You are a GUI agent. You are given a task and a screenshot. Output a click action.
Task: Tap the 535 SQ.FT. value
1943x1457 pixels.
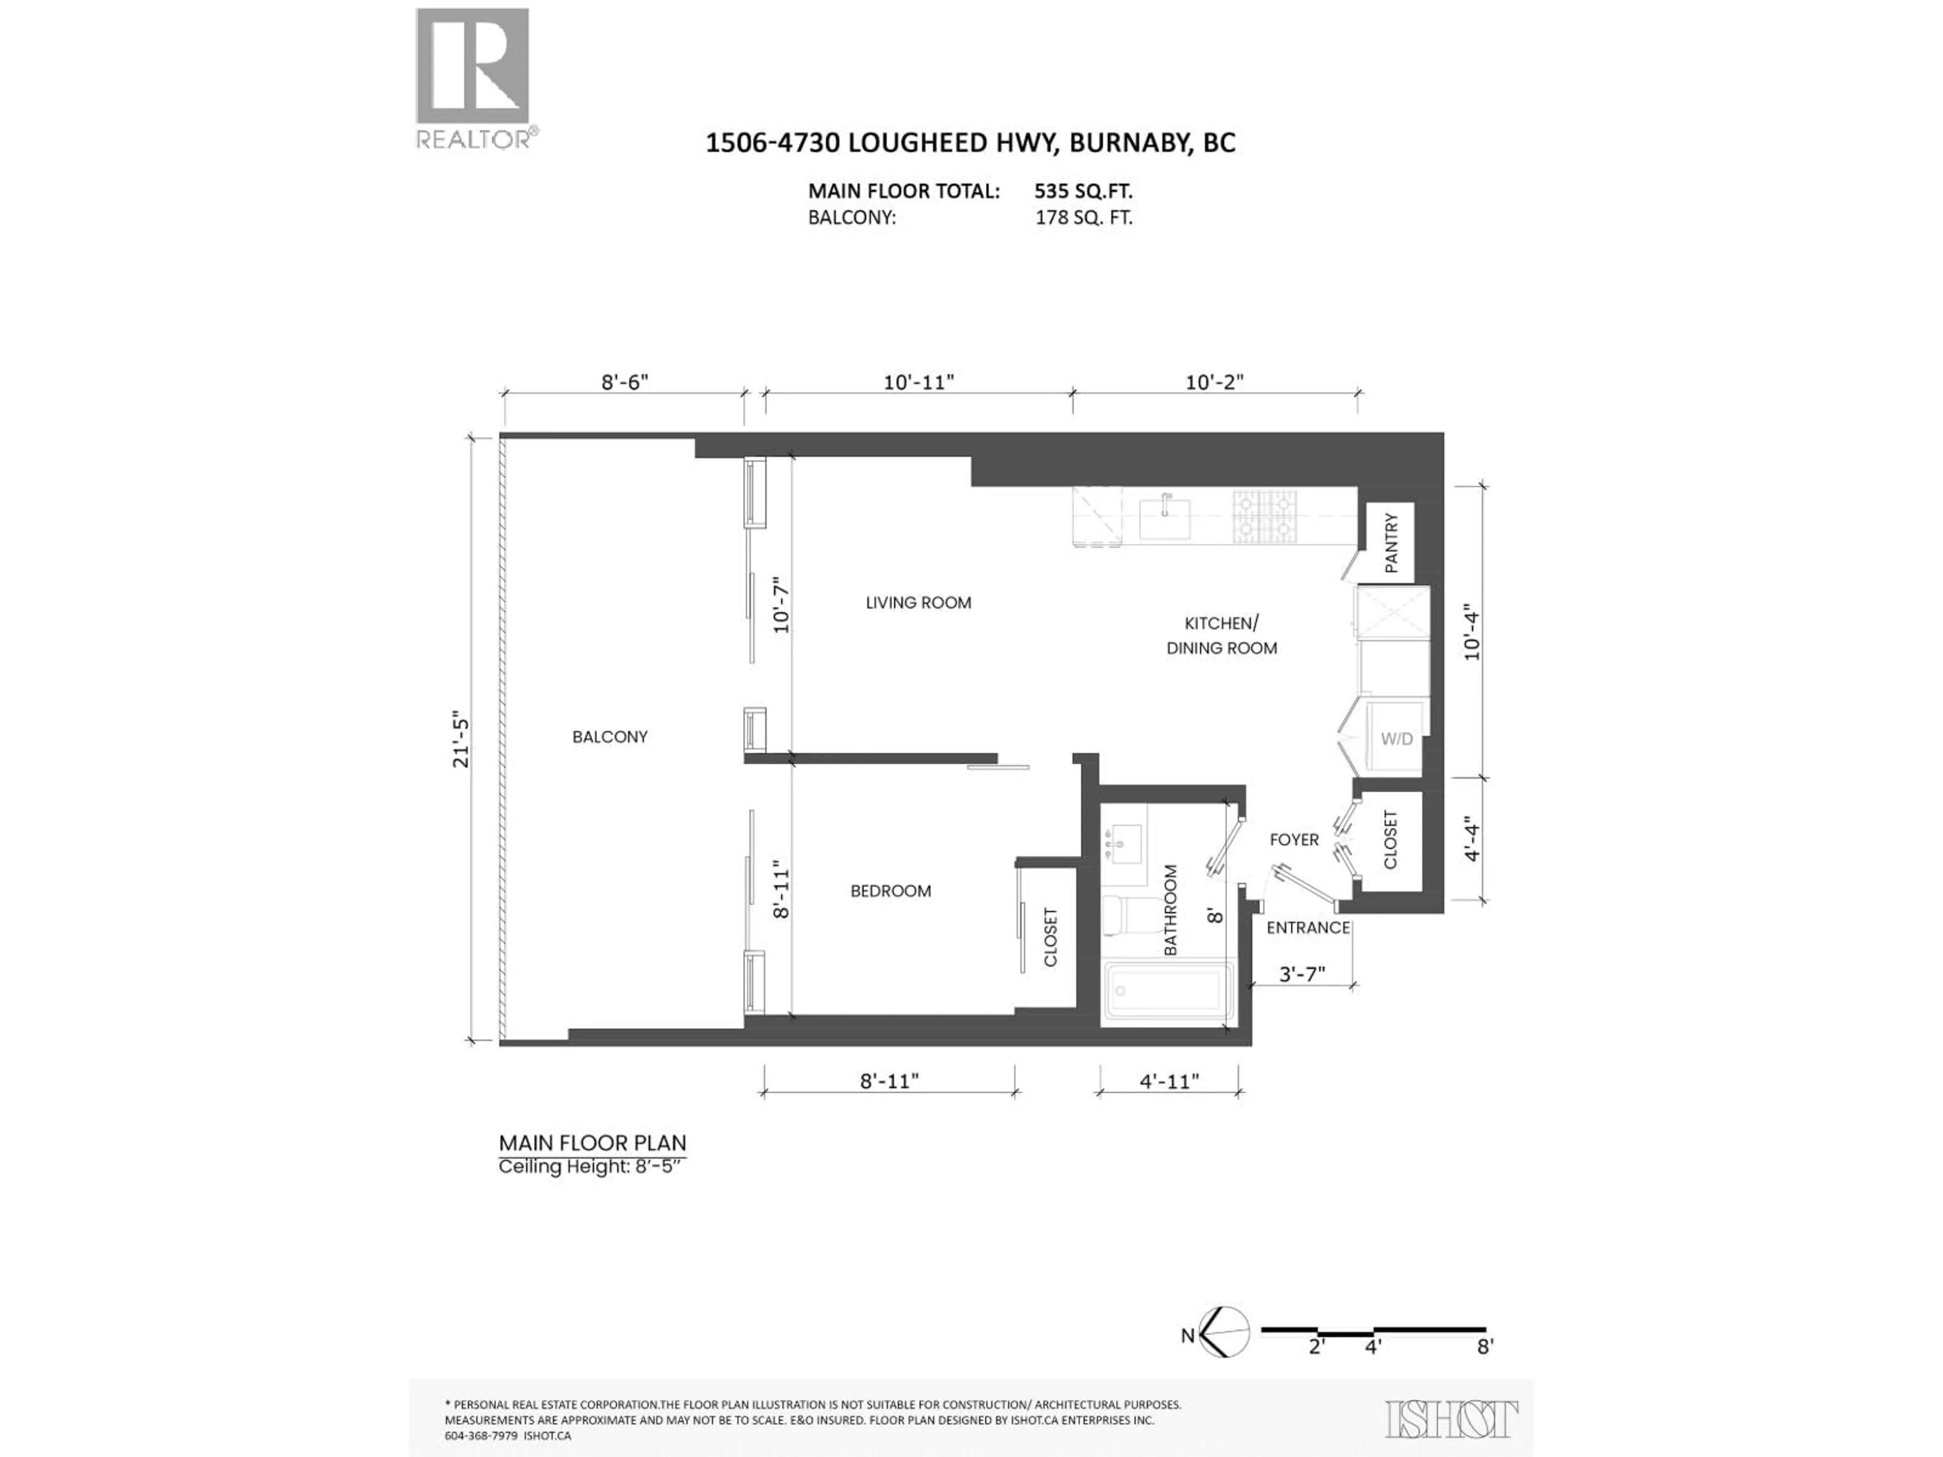pyautogui.click(x=1083, y=191)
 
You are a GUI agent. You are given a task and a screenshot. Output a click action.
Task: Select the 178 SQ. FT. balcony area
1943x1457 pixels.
pyautogui.click(x=1083, y=218)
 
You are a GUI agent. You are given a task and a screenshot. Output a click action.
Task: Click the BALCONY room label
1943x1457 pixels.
pyautogui.click(x=610, y=737)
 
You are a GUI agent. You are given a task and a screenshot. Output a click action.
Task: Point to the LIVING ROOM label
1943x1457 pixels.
pyautogui.click(x=918, y=603)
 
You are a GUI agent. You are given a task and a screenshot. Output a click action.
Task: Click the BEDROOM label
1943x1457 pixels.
pyautogui.click(x=890, y=890)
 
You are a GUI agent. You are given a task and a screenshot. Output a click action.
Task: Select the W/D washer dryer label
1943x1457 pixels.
pyautogui.click(x=1397, y=739)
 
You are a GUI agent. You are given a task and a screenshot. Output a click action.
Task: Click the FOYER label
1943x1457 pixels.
pyautogui.click(x=1294, y=840)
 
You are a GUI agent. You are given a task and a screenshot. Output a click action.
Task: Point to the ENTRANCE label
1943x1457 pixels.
pyautogui.click(x=1308, y=927)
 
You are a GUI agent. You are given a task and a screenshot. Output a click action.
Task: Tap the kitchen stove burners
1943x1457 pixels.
pyautogui.click(x=1265, y=517)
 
